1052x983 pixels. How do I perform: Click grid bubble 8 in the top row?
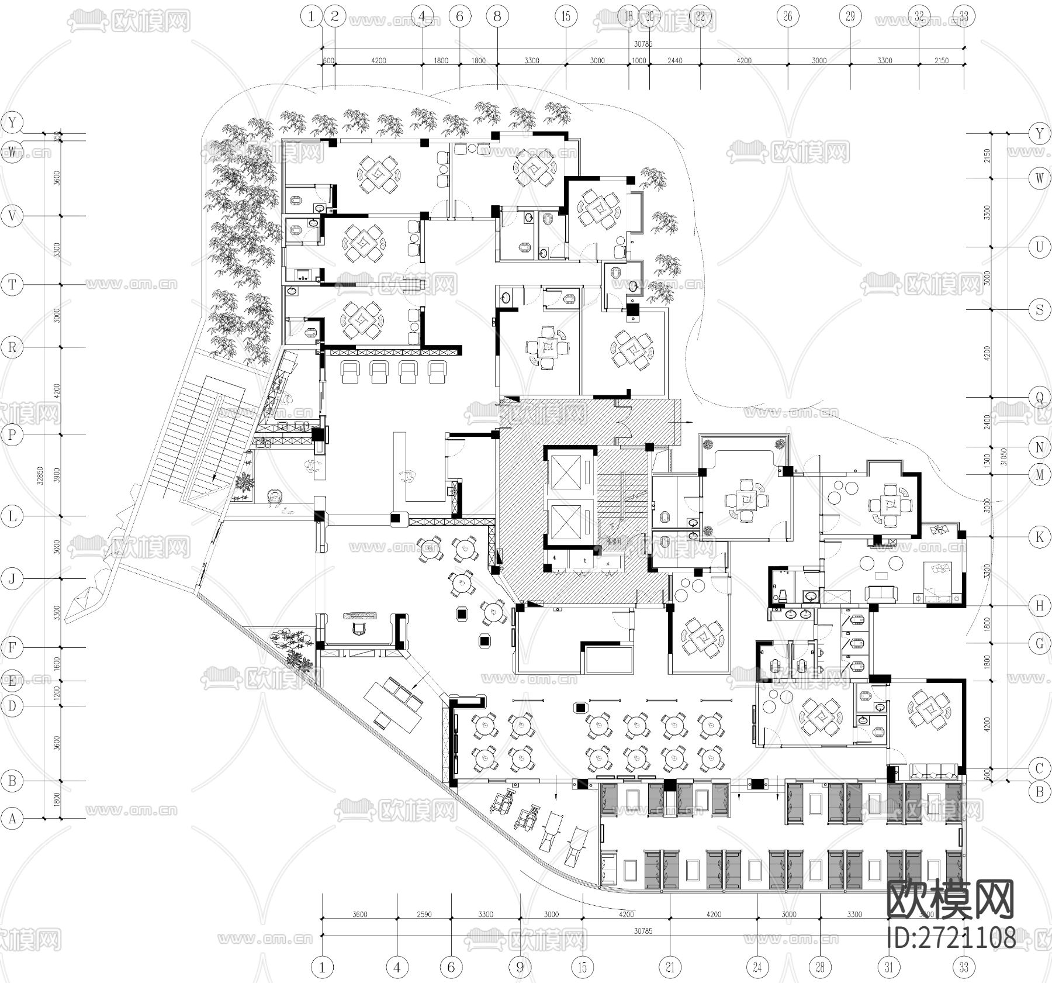[497, 16]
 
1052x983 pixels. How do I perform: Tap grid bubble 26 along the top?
[787, 16]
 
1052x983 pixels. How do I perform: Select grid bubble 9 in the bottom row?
[520, 967]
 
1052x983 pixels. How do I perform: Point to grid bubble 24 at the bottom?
[757, 967]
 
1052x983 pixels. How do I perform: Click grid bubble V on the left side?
[12, 216]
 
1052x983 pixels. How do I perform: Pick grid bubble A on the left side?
[12, 819]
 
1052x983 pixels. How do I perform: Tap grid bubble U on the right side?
[1039, 247]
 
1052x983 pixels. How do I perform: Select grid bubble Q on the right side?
[1039, 398]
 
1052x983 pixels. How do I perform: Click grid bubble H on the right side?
[1039, 606]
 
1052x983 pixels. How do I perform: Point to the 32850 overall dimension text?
[41, 475]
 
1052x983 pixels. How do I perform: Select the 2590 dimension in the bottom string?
[424, 914]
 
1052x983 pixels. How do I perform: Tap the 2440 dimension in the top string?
[674, 60]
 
